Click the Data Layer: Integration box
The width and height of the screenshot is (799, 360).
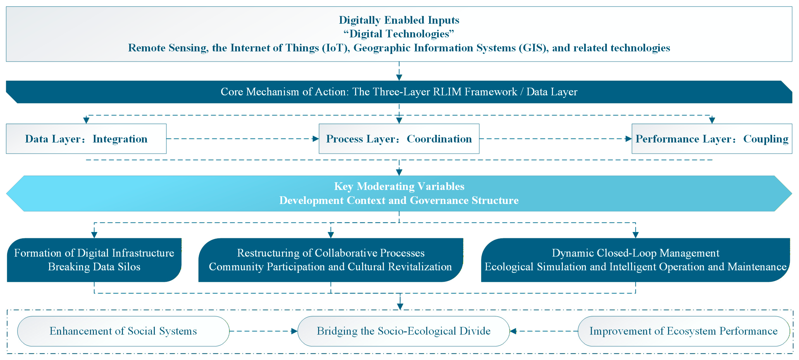(x=86, y=139)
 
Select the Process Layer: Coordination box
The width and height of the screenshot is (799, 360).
(x=399, y=139)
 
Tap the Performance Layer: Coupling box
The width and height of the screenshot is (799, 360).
(x=712, y=139)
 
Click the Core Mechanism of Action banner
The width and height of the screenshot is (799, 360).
(x=399, y=92)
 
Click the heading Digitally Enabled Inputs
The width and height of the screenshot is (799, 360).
(x=399, y=20)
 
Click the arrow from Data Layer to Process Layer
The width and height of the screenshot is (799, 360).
(x=242, y=139)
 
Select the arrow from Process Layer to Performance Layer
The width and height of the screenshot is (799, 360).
(x=555, y=139)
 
